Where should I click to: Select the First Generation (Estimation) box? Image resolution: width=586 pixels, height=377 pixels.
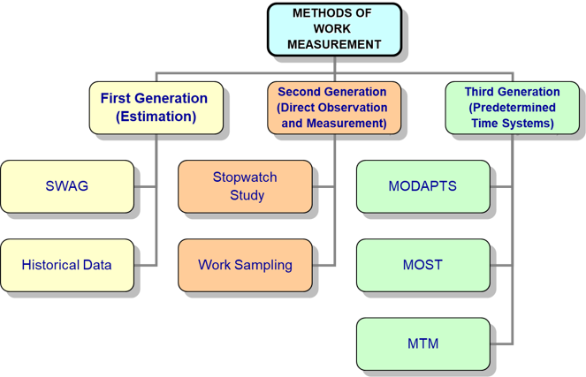154,108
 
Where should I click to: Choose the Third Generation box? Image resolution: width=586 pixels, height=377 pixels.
512,108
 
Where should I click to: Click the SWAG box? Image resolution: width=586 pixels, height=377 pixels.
67,186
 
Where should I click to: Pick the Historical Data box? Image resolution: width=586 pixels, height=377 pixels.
67,265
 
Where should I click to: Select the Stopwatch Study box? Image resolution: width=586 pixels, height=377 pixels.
245,186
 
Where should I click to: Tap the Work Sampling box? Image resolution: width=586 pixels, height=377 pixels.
245,265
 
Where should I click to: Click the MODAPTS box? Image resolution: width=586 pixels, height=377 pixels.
422,186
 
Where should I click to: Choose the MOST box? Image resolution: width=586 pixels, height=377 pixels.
422,265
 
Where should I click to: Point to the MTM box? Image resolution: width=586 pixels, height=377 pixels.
422,343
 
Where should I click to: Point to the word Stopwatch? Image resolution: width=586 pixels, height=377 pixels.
245,177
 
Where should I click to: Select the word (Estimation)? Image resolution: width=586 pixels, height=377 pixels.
155,117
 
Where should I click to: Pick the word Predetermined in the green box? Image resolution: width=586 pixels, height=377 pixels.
512,108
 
